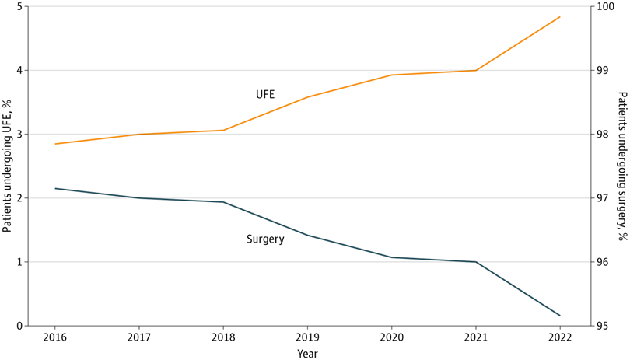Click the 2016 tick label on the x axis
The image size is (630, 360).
pyautogui.click(x=55, y=337)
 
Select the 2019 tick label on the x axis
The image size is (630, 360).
pyautogui.click(x=307, y=337)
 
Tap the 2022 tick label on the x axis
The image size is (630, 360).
pyautogui.click(x=559, y=337)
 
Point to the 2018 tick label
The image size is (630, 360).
pyautogui.click(x=223, y=337)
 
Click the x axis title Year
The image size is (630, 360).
pyautogui.click(x=307, y=353)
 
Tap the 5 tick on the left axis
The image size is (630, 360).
pyautogui.click(x=20, y=7)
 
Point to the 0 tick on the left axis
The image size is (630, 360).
pyautogui.click(x=20, y=326)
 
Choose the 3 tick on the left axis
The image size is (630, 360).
pyautogui.click(x=20, y=135)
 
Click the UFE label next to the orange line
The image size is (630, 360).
pyautogui.click(x=265, y=95)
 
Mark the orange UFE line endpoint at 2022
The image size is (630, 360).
pyautogui.click(x=560, y=17)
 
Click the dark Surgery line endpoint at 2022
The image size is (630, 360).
pyautogui.click(x=560, y=316)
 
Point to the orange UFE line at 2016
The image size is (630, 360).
pyautogui.click(x=55, y=144)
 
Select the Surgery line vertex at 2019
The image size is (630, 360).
pyautogui.click(x=307, y=235)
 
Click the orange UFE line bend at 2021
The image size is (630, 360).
pyautogui.click(x=475, y=71)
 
